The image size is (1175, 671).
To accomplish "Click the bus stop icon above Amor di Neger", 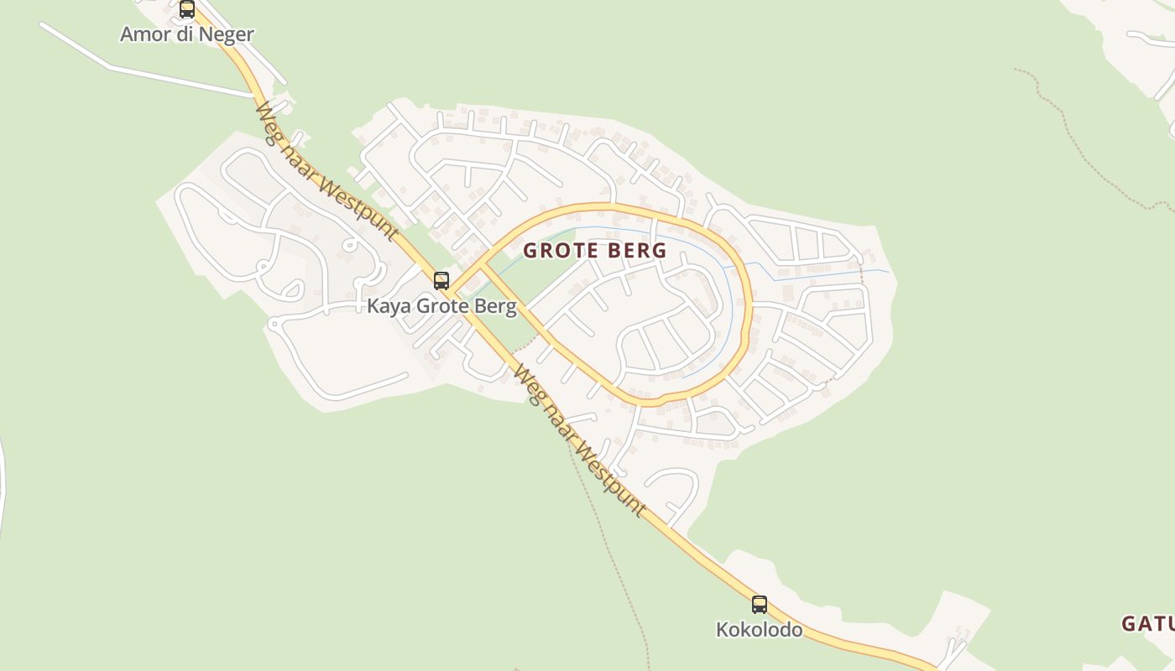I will [187, 9].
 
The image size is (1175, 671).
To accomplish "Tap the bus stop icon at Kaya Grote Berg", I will [441, 281].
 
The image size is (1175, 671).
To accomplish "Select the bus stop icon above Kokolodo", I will [759, 604].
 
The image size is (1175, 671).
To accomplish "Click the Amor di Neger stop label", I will [187, 34].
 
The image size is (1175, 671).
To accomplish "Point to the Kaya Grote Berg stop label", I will [441, 306].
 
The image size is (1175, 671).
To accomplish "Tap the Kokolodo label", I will [759, 629].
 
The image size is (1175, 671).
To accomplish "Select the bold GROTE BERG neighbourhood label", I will [595, 250].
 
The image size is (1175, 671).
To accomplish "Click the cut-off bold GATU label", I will [1147, 623].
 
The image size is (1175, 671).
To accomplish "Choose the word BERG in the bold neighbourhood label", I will [640, 250].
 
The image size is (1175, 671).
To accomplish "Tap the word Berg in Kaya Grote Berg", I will [496, 306].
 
